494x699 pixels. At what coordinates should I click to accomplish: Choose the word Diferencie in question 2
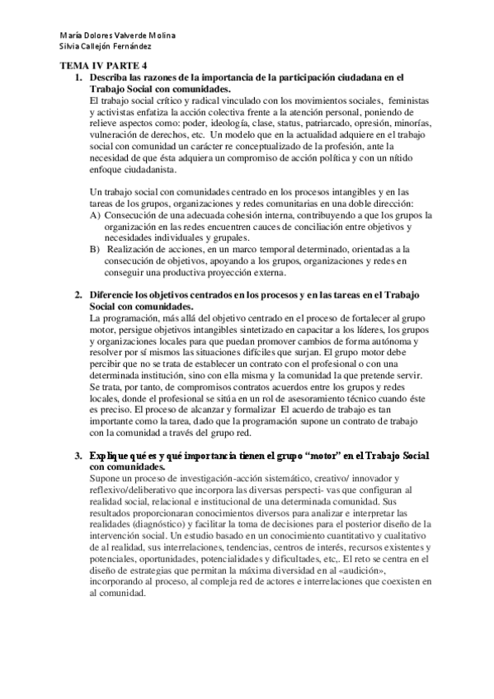[116, 295]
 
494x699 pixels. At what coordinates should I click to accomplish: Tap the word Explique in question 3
[114, 457]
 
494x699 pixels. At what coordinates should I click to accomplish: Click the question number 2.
[78, 295]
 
